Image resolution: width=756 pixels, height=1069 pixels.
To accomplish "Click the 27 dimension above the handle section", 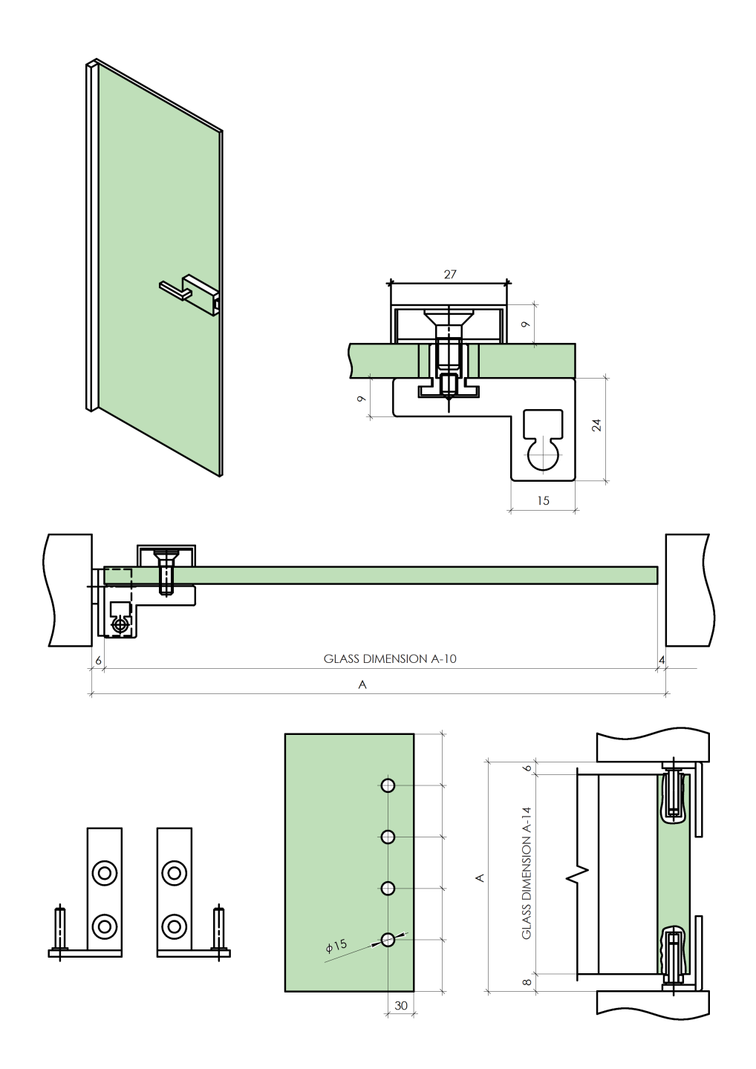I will (x=450, y=274).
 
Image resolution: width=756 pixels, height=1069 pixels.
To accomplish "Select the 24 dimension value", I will (x=596, y=425).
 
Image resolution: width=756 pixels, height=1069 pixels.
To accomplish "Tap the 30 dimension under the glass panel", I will (x=401, y=1005).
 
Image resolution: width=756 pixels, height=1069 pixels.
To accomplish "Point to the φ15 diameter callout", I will (x=336, y=947).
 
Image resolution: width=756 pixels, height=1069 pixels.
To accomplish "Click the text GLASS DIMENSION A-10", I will (x=390, y=658).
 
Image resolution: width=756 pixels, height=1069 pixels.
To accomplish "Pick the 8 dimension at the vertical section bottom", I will (x=527, y=982).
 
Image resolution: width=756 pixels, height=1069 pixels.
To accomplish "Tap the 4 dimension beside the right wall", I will (x=662, y=659).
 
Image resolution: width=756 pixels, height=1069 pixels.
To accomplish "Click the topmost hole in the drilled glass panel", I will (x=388, y=785).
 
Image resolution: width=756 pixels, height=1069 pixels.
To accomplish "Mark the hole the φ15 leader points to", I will (x=388, y=940).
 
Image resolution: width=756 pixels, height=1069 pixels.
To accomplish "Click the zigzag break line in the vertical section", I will (x=578, y=877).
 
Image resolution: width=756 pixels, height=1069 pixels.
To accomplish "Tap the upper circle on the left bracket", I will (x=104, y=872).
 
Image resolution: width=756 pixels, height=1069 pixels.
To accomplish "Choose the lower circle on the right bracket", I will (x=174, y=926).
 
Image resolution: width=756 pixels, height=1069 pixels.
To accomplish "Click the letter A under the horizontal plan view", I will (x=362, y=684).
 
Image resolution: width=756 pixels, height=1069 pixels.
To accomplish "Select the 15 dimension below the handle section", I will (x=543, y=500).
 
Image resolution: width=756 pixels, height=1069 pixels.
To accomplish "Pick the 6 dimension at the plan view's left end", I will (x=98, y=659).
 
